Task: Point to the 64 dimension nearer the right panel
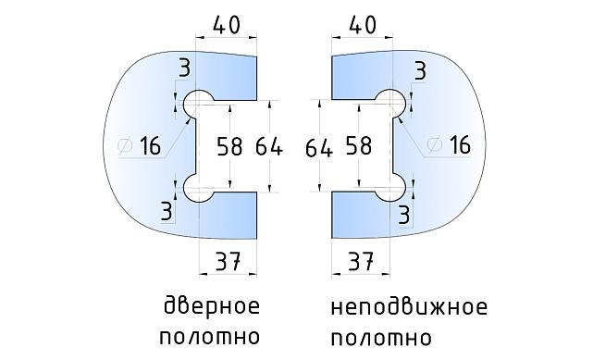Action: point(317,146)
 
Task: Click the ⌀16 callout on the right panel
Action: point(451,145)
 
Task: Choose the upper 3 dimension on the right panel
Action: point(419,70)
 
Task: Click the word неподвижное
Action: point(407,305)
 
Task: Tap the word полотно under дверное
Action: point(210,335)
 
